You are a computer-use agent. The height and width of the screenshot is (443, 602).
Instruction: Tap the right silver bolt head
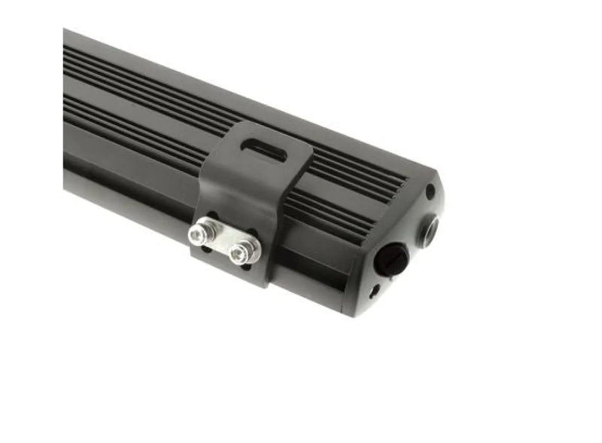click(x=242, y=254)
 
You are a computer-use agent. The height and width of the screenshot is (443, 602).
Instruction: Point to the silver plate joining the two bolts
click(x=222, y=242)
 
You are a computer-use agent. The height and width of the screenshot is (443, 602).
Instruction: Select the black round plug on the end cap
click(x=394, y=261)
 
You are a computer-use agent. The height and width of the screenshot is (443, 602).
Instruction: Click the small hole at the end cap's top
click(x=430, y=192)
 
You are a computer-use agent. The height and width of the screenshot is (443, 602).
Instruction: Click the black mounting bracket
click(x=256, y=188)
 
